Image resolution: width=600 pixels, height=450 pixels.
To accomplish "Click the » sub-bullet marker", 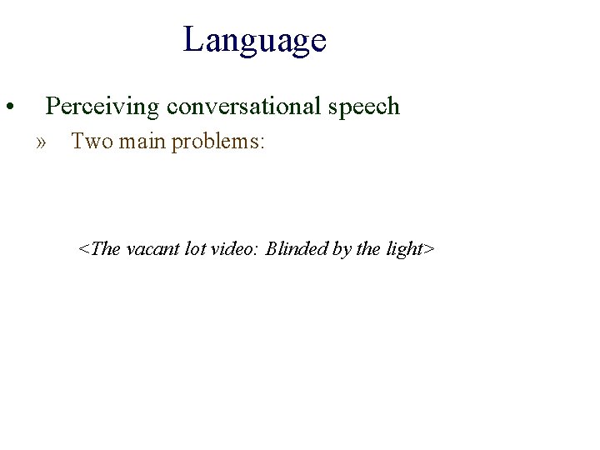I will coord(42,142).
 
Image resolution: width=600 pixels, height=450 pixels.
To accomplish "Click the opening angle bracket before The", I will coord(82,249).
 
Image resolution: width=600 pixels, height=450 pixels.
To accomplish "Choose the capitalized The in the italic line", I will coord(104,248).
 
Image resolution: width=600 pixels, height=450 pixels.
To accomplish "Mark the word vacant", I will coord(153,248).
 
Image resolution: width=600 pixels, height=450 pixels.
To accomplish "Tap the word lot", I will coord(196,248).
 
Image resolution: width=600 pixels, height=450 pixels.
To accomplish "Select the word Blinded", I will coord(297,248).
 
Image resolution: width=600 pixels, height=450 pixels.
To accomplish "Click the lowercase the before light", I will coord(367,248).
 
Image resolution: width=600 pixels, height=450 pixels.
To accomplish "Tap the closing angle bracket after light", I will coord(430,249).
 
